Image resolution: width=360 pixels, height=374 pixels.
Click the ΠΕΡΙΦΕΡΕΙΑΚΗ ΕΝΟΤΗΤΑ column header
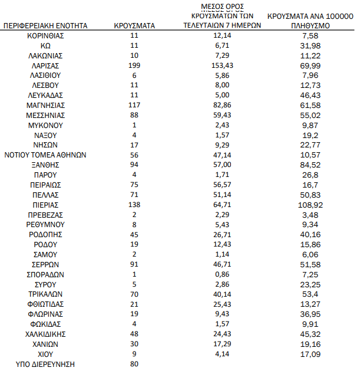pos(45,26)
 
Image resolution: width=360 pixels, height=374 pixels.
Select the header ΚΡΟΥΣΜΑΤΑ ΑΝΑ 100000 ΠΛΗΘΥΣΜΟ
pos(311,21)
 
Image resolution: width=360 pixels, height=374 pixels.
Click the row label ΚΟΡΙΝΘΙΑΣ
pos(45,36)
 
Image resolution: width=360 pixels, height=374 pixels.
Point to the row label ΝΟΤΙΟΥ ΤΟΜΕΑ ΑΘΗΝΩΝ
pos(45,155)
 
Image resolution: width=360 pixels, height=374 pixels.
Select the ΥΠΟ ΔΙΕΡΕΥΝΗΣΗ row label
pos(45,364)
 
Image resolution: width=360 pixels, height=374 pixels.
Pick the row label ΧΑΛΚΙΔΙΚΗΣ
pos(45,333)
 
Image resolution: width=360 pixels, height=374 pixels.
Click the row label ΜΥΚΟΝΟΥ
pos(45,125)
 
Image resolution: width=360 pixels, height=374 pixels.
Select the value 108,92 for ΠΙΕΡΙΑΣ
pos(311,205)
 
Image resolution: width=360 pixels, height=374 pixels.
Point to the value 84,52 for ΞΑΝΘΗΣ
pos(311,165)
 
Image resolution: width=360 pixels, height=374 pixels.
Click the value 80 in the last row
pos(134,364)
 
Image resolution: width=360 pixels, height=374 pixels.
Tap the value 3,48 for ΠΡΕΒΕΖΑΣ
pos(311,215)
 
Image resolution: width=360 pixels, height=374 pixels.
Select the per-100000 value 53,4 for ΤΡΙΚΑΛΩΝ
pos(311,294)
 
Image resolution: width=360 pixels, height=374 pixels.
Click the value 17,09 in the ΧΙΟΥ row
pos(311,354)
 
